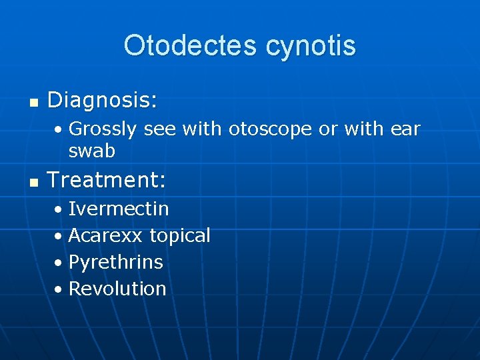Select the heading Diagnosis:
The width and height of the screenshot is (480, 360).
coord(103,101)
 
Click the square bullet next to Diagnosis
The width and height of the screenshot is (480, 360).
coord(34,103)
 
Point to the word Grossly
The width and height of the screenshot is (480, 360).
coord(103,129)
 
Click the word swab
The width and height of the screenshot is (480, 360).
coord(92,151)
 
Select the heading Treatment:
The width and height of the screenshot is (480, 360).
coord(107,180)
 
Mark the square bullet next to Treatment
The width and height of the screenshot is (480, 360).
coord(34,182)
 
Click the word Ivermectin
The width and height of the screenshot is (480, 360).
coord(119,209)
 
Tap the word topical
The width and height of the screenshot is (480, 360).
coord(180,235)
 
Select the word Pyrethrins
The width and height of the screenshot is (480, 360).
coord(116,262)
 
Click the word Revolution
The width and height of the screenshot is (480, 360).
coord(117,289)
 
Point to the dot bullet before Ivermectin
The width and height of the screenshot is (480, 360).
coord(59,210)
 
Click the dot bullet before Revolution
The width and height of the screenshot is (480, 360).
coord(59,290)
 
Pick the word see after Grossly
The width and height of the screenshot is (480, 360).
coord(159,129)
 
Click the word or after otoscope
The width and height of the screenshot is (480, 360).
coord(328,129)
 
